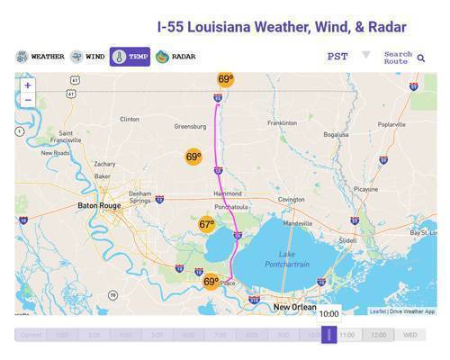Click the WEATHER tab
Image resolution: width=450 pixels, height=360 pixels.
[x=40, y=57]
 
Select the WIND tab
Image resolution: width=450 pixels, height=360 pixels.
[x=88, y=57]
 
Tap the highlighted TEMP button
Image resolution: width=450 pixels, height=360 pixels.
[x=130, y=57]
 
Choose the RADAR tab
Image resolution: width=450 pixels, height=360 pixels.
[x=175, y=57]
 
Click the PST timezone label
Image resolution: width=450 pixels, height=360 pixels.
[x=337, y=56]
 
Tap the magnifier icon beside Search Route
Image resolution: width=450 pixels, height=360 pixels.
[x=420, y=58]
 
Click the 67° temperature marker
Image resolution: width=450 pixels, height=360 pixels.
[x=207, y=224]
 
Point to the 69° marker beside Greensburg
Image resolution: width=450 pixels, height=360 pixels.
[x=193, y=157]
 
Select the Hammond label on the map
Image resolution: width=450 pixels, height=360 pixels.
[x=227, y=193]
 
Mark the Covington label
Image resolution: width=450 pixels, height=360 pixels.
[x=291, y=199]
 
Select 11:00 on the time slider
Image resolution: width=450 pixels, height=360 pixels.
[x=347, y=335]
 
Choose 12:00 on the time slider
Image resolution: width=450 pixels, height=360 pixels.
[x=379, y=335]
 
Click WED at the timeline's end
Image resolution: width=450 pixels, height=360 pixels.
[x=410, y=335]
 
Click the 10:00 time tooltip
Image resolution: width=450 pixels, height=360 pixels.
[x=328, y=314]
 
